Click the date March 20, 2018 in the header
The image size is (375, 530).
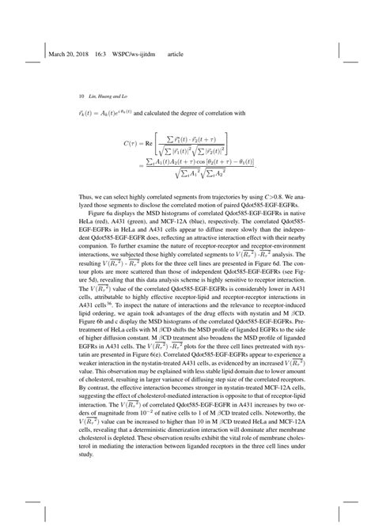70,55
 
